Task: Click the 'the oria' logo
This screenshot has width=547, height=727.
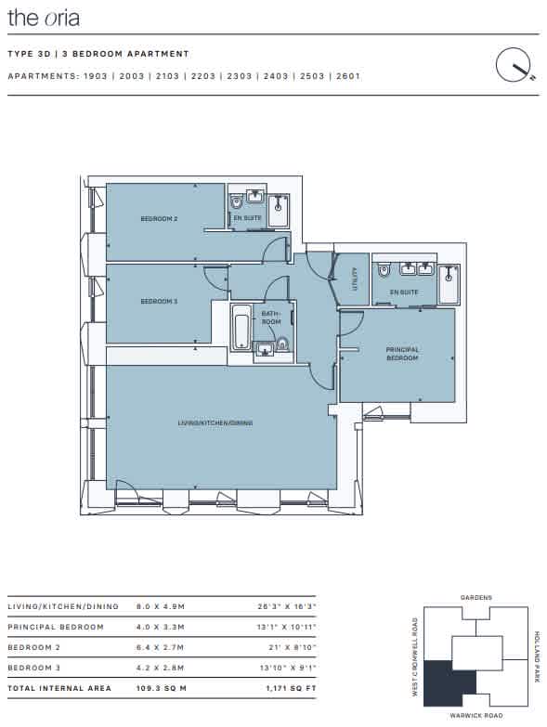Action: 44,18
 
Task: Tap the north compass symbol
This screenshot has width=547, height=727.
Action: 514,65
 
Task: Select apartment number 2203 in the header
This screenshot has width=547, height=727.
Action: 203,76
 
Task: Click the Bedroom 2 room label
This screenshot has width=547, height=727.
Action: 159,218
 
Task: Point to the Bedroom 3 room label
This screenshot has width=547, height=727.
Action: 159,302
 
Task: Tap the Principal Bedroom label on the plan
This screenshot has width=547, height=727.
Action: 402,354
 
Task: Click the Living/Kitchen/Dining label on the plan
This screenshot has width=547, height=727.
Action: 215,422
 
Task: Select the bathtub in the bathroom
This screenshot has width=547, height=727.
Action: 241,327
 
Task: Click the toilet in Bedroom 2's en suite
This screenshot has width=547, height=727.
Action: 237,201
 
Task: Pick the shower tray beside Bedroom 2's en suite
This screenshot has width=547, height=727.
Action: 278,211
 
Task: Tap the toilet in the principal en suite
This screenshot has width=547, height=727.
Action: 384,269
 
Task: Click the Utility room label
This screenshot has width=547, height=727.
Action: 355,279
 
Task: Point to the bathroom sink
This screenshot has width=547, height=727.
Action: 265,349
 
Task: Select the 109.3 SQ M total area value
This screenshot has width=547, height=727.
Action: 162,688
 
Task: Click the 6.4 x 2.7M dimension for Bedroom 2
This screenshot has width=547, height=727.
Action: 161,647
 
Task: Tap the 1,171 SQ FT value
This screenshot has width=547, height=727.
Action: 291,688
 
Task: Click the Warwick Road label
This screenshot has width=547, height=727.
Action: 476,716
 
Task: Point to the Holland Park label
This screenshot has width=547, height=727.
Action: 537,656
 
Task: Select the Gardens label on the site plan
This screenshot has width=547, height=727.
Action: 476,598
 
